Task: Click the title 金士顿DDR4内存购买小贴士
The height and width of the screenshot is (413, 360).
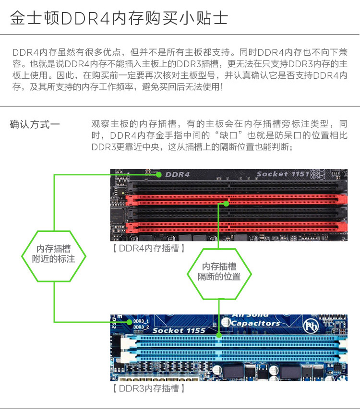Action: coord(119,18)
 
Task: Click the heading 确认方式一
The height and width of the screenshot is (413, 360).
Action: coord(35,124)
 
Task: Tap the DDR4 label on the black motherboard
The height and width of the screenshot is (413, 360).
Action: coord(177,174)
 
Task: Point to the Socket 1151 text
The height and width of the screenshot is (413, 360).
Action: coord(283,174)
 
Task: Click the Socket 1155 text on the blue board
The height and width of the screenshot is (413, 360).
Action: coord(179,330)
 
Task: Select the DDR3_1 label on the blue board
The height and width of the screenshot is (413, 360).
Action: coord(141,321)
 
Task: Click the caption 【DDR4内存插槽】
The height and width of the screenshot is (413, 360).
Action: coord(149,248)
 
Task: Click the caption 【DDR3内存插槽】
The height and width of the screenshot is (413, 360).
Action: coord(149,388)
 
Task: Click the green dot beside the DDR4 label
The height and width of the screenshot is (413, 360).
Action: coord(158,175)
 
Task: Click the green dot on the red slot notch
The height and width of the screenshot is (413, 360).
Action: coord(226,204)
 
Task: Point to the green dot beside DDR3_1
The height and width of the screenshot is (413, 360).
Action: coord(129,322)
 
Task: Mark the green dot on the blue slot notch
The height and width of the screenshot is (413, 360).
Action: coord(219,335)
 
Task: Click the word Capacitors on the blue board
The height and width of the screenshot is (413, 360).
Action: coord(255,323)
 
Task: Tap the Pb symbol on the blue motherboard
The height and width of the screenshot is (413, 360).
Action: coord(311,327)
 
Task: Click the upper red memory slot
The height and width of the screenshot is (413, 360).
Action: coord(236,200)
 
